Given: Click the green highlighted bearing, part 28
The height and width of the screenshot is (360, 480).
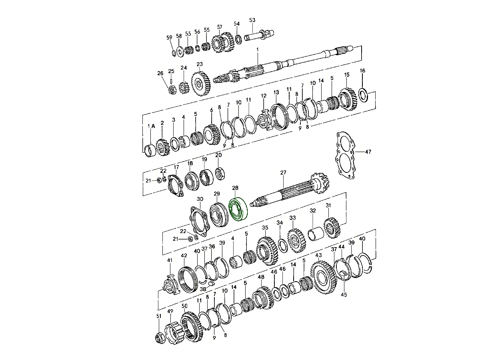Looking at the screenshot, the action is (238, 209).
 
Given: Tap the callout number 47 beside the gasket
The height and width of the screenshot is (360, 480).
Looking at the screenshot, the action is (368, 152).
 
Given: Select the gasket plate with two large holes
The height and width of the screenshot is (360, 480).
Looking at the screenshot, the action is (345, 155).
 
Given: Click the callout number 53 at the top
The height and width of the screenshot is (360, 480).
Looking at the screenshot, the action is (252, 20).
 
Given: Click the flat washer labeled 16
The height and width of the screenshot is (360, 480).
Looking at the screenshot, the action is (364, 94).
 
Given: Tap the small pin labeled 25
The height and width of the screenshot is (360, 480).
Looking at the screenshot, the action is (172, 81).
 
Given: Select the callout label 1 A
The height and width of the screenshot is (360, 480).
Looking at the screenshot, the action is (151, 126).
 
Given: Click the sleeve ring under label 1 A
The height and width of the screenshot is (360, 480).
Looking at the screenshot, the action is (150, 151).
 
